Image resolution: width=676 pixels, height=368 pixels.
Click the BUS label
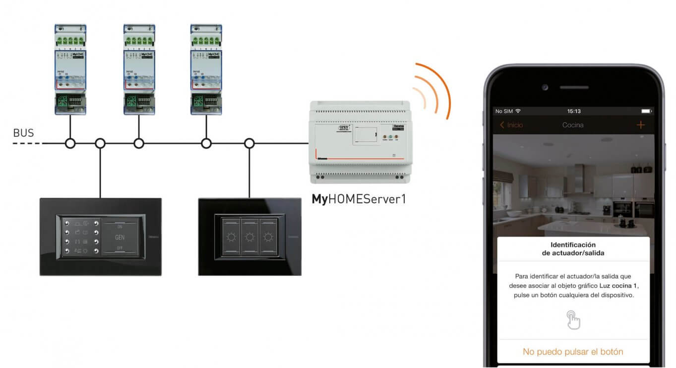pyautogui.click(x=23, y=133)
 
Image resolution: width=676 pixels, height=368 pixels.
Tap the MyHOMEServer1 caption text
pyautogui.click(x=359, y=199)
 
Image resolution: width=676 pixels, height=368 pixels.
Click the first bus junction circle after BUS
pyautogui.click(x=70, y=144)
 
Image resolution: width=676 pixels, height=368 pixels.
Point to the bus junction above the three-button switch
pyautogui.click(x=249, y=144)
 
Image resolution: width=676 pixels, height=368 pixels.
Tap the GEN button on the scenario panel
pyautogui.click(x=120, y=237)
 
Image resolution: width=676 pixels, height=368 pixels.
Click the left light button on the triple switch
pyautogui.click(x=232, y=237)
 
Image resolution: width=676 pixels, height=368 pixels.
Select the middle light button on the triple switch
pyautogui.click(x=250, y=237)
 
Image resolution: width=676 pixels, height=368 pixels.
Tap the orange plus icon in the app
pyautogui.click(x=640, y=125)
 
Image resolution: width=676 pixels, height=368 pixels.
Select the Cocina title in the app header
pyautogui.click(x=573, y=125)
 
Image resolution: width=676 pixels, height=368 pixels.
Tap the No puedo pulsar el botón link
pyautogui.click(x=573, y=352)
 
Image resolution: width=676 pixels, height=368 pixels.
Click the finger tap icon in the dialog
pyautogui.click(x=573, y=319)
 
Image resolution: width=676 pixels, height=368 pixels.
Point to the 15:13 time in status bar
pyautogui.click(x=573, y=111)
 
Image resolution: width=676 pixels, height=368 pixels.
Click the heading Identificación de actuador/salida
pyautogui.click(x=573, y=248)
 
